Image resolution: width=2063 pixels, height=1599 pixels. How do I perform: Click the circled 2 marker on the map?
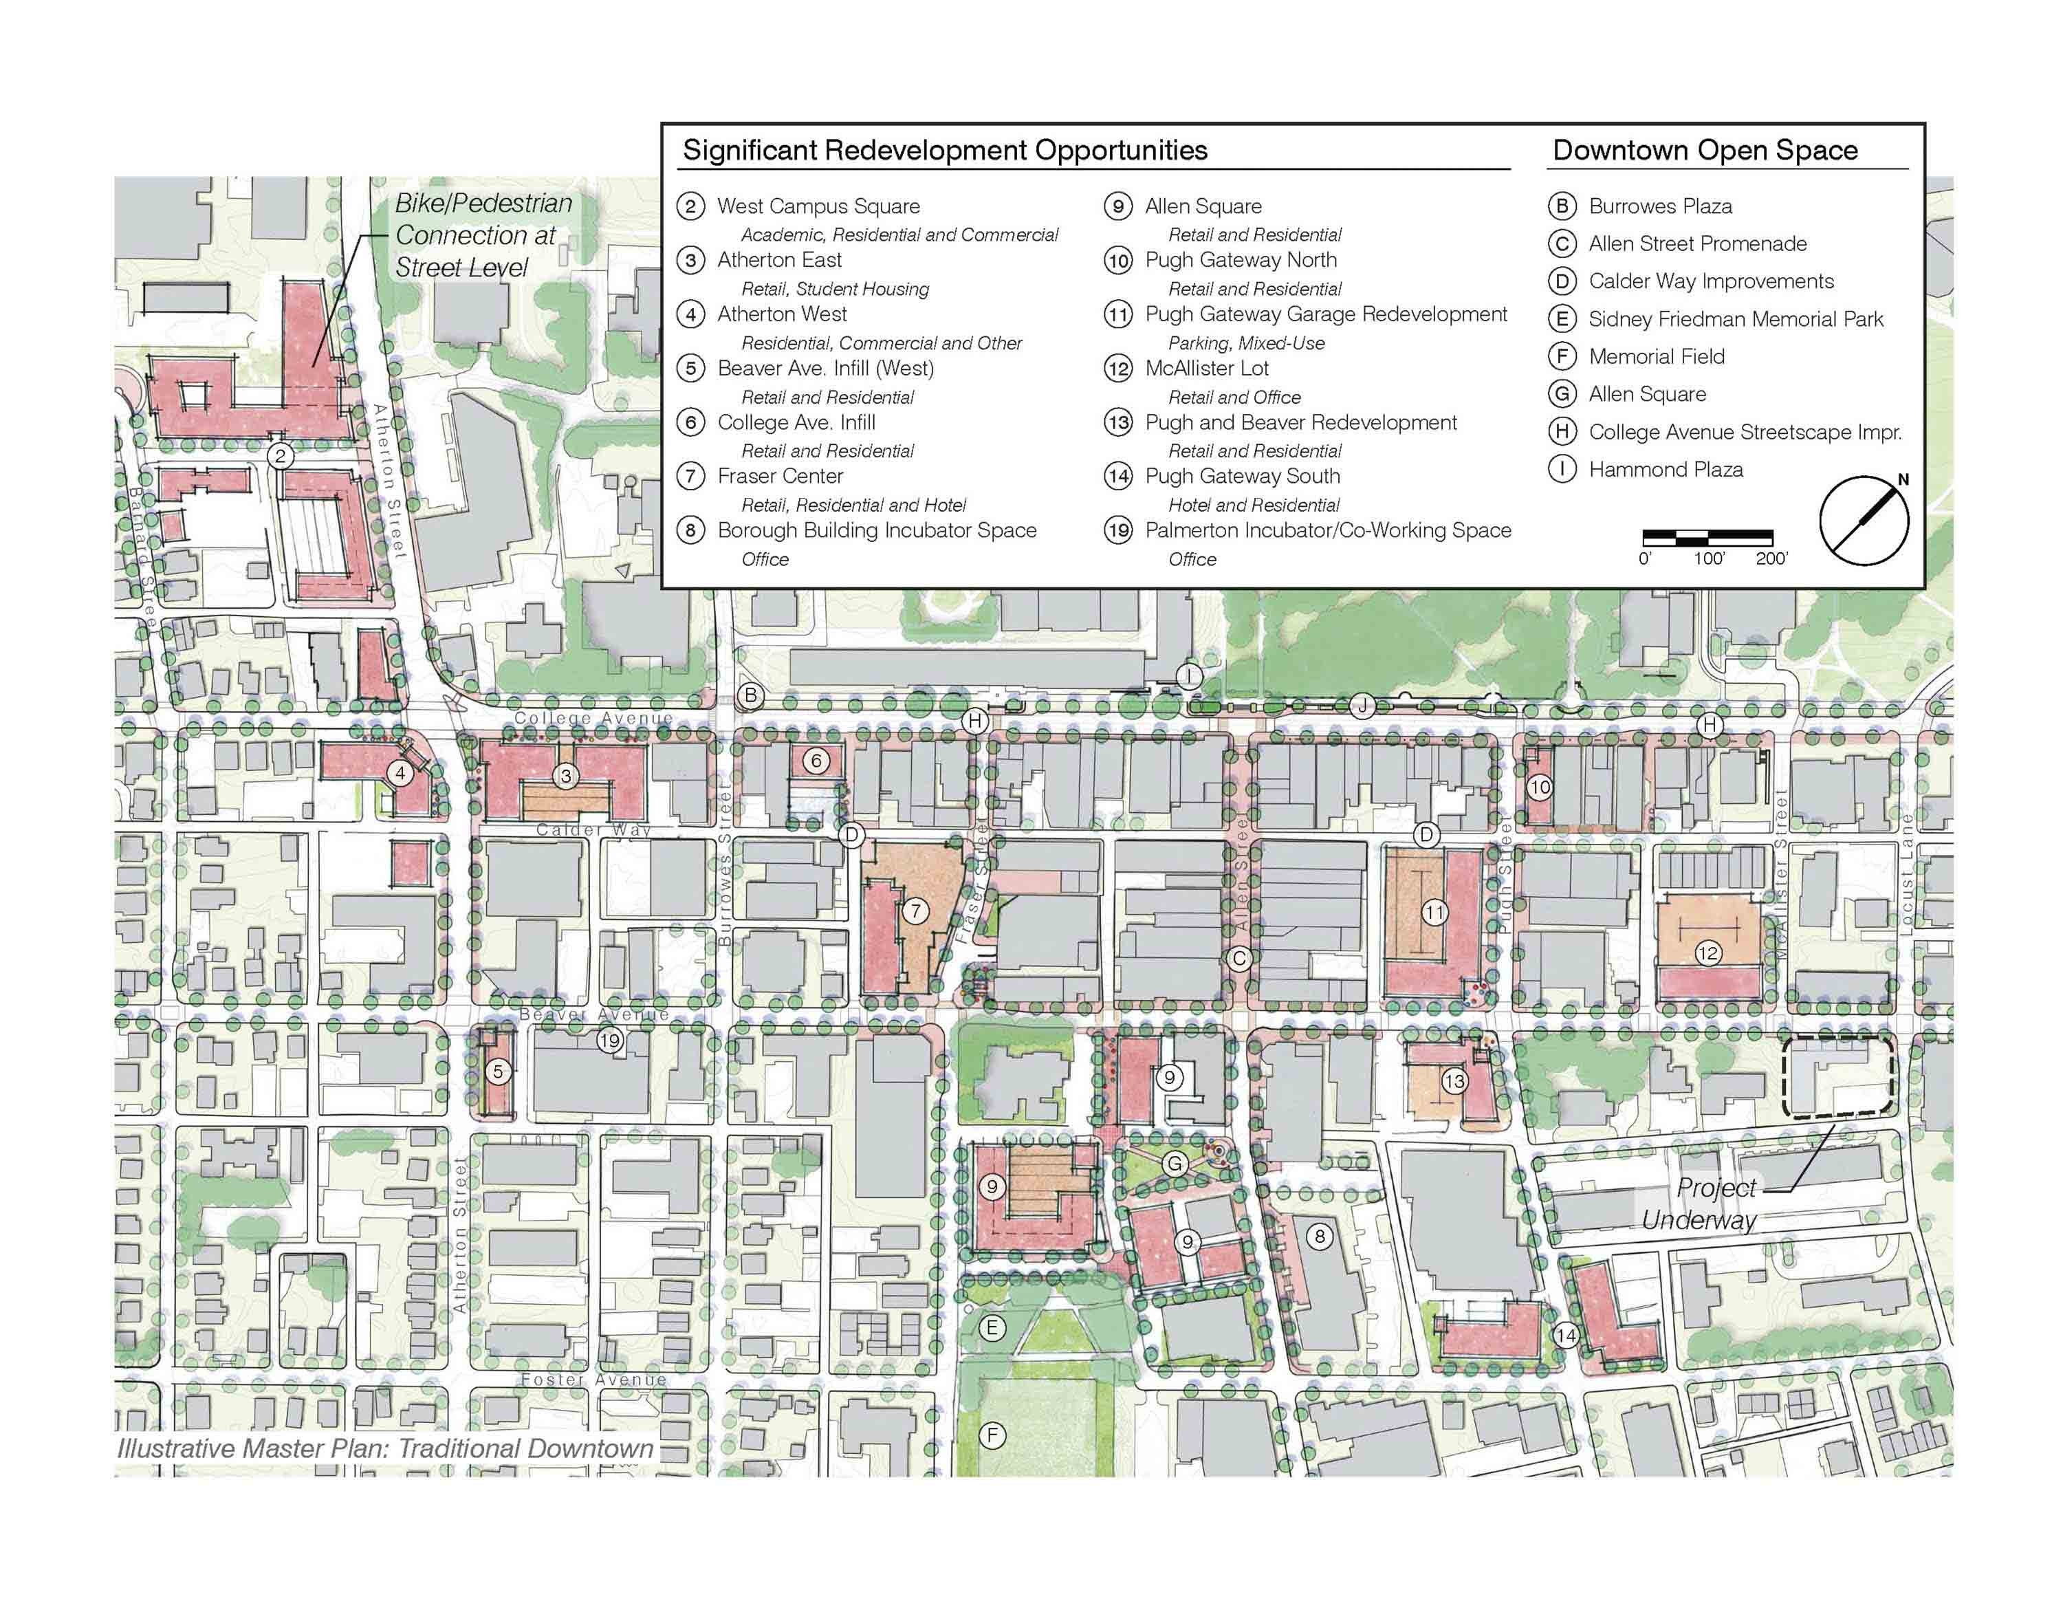(x=280, y=456)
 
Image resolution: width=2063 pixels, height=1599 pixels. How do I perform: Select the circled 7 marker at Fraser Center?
(x=915, y=911)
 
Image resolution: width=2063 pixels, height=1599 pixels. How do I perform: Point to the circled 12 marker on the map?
(x=1707, y=953)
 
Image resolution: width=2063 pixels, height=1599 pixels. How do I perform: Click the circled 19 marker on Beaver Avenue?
(x=609, y=1040)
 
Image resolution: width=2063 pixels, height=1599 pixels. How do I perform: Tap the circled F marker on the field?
(x=992, y=1435)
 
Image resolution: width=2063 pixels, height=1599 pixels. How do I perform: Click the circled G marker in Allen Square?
(x=1174, y=1163)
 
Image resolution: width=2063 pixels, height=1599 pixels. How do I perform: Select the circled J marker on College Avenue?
(x=1361, y=706)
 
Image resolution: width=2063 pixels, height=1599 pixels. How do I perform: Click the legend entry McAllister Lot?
(x=1206, y=369)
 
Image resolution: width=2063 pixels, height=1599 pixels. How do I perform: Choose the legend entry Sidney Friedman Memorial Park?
(x=1735, y=319)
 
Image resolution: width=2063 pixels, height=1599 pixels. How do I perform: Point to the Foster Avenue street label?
(x=593, y=1379)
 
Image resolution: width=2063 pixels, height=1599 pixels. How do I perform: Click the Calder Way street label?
(x=593, y=830)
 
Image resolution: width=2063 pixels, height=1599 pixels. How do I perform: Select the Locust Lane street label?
(x=1906, y=873)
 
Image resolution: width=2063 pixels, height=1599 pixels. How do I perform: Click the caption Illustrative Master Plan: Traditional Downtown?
(x=385, y=1448)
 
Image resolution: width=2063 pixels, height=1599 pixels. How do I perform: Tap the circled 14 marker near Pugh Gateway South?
(x=1565, y=1334)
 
